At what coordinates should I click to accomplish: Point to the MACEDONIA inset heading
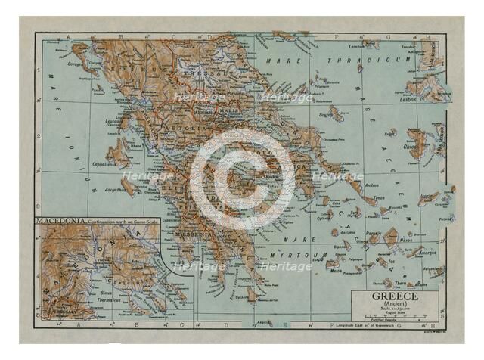(58, 220)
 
